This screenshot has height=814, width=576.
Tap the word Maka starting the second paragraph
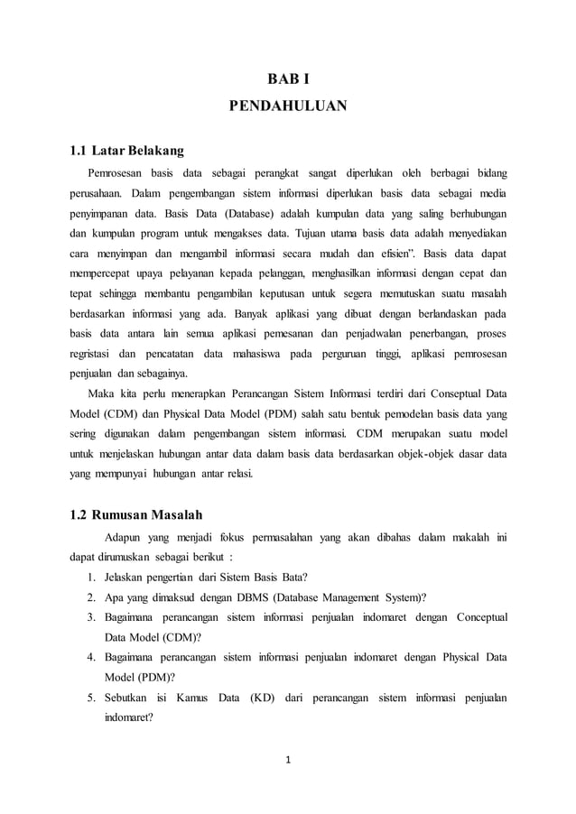102,393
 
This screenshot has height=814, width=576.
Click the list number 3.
91,617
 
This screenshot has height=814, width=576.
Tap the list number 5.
91,698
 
